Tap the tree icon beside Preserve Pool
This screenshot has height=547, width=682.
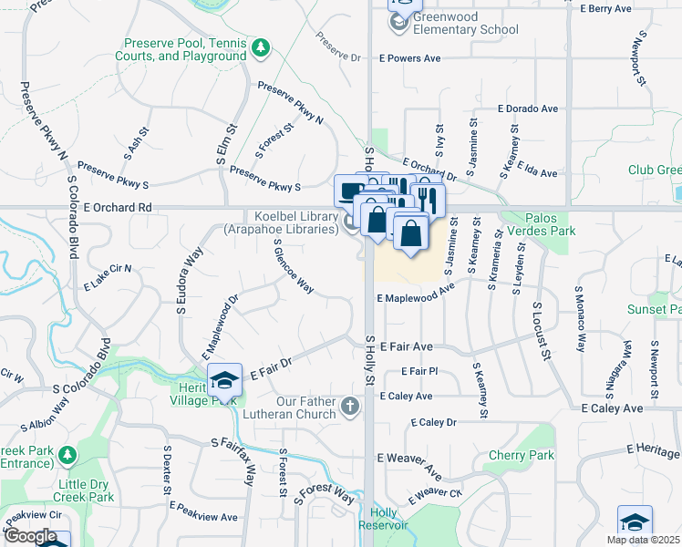[261, 47]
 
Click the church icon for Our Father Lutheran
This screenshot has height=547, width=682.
[349, 407]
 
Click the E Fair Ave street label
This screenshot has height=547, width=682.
[406, 347]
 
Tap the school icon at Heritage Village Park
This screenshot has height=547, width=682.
[224, 378]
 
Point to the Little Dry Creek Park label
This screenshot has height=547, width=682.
[83, 490]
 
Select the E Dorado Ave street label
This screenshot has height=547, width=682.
[527, 108]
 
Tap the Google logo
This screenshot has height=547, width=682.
[30, 536]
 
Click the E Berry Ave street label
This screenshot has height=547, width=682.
[605, 8]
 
